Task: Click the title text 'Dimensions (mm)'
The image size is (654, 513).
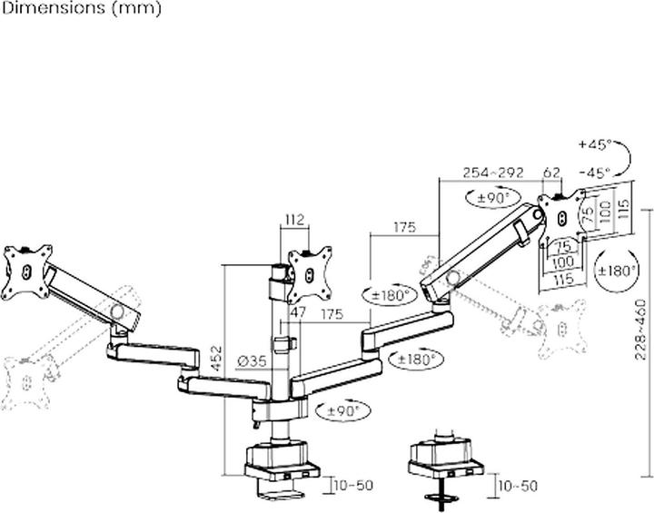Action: point(81,9)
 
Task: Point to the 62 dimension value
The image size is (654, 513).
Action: point(551,170)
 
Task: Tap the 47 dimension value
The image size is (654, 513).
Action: point(297,311)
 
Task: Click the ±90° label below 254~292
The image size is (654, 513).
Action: point(499,197)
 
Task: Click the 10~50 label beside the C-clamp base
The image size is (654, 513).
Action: point(352,486)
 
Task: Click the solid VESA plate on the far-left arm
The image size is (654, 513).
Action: point(26,270)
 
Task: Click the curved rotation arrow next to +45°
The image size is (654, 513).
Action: point(625,160)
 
